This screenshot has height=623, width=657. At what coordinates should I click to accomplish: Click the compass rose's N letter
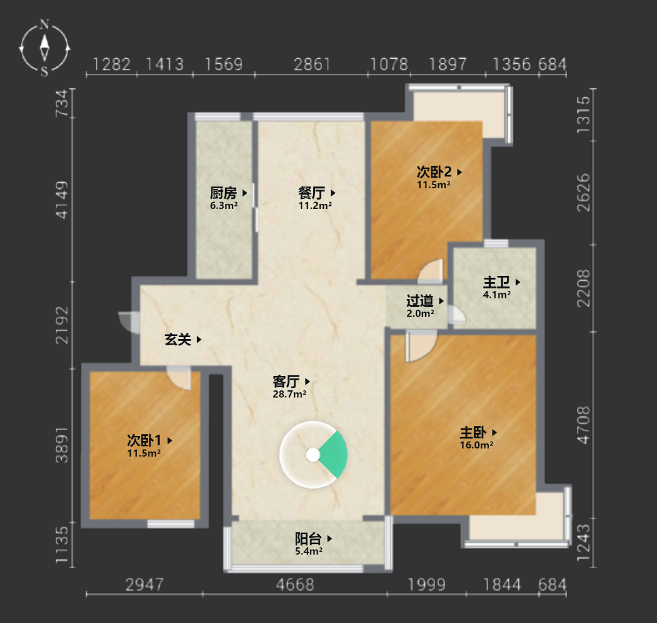(x=44, y=24)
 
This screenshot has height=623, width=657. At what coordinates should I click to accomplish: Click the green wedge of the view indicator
(x=334, y=455)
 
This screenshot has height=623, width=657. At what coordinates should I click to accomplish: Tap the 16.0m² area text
(x=476, y=445)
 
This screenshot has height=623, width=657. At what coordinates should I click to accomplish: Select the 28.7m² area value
(x=289, y=394)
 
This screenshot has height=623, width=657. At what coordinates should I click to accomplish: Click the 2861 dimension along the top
(x=312, y=64)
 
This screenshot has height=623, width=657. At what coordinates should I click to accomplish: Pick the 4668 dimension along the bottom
(x=294, y=585)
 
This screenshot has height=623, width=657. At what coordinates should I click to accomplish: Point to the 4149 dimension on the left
(x=62, y=200)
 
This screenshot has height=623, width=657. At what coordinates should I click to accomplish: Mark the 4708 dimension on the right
(x=583, y=425)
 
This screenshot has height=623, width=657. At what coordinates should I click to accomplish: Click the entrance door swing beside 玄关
(x=128, y=322)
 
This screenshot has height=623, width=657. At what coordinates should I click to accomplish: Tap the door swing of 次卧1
(x=179, y=378)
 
